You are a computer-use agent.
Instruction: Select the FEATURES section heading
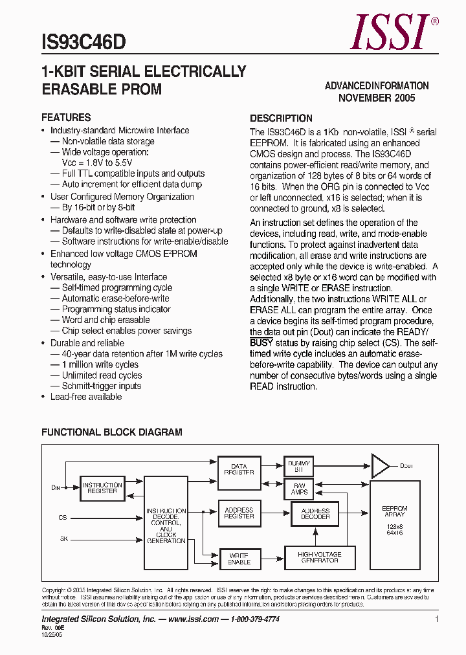click(x=66, y=118)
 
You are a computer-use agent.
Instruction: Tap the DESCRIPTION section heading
click(x=281, y=118)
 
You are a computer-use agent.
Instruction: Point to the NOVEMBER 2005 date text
click(x=377, y=98)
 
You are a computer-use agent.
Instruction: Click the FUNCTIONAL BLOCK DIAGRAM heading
click(x=112, y=432)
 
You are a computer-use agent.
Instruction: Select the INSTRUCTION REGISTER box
click(x=102, y=488)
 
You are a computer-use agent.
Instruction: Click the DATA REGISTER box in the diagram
click(x=239, y=469)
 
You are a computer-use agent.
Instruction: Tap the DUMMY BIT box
click(x=298, y=467)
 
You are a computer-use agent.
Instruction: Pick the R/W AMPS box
click(x=298, y=489)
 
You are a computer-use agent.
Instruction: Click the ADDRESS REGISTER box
click(x=239, y=513)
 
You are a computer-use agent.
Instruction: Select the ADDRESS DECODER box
click(x=315, y=514)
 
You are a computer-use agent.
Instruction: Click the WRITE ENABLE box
click(x=239, y=559)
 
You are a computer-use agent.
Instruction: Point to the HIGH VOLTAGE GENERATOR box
click(x=319, y=557)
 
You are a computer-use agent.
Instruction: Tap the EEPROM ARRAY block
click(x=394, y=521)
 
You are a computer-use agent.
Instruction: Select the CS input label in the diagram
click(x=63, y=518)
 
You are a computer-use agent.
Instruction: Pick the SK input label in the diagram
click(x=63, y=538)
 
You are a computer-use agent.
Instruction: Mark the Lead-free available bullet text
click(x=86, y=397)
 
